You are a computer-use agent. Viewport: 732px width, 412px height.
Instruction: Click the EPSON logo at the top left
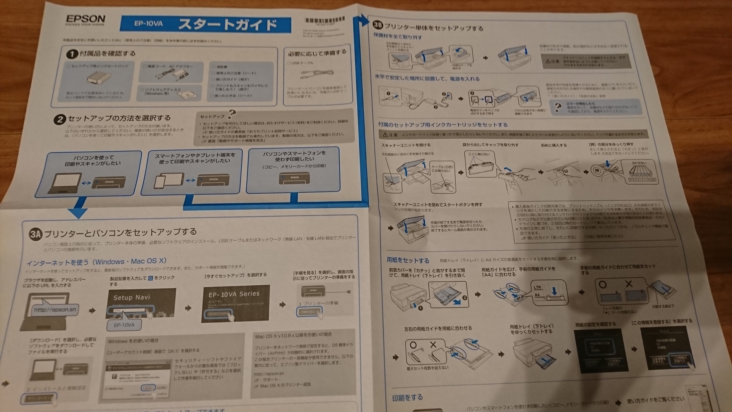[x=85, y=19]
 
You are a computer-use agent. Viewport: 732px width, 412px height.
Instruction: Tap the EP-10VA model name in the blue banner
[x=148, y=24]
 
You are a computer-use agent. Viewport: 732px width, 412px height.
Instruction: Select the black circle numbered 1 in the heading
[x=72, y=54]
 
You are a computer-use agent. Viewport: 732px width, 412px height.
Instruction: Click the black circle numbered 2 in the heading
[x=59, y=119]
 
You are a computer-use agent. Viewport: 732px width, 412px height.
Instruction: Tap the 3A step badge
[x=35, y=234]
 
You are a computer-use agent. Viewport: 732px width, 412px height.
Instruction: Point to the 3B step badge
[x=378, y=25]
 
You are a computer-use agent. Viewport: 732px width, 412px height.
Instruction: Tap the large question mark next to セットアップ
[x=231, y=114]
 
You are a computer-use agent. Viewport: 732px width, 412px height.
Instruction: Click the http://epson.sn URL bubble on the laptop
[x=55, y=310]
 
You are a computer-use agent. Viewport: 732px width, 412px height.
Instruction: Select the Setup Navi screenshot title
[x=132, y=297]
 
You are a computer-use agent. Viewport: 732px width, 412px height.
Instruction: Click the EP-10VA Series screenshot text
[x=234, y=294]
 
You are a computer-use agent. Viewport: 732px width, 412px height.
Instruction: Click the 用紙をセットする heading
[x=408, y=260]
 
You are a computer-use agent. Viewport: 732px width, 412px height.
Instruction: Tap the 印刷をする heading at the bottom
[x=407, y=398]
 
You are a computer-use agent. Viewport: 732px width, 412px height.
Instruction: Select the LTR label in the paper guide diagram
[x=538, y=287]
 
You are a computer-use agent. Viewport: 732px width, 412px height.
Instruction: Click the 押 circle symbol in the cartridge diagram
[x=597, y=171]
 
